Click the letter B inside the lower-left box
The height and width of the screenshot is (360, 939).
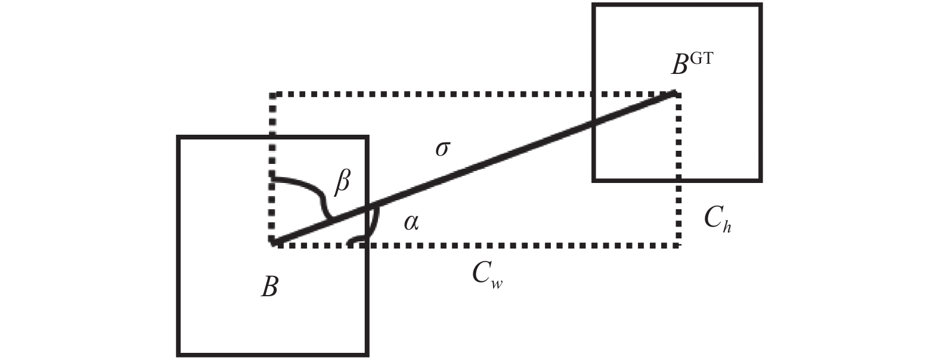269,287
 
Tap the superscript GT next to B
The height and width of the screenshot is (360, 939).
701,58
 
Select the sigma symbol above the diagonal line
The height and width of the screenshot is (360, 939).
442,149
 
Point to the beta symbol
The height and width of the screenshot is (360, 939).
342,183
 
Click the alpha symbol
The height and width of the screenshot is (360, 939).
411,222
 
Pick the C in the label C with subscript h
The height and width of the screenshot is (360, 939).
712,218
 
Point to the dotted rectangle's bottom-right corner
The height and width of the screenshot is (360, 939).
678,246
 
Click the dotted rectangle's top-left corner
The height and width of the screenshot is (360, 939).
272,95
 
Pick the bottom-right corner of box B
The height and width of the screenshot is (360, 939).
367,355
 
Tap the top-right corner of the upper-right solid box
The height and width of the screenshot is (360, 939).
761,5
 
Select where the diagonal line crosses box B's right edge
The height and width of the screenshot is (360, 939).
367,207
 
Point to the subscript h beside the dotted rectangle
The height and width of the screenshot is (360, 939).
727,226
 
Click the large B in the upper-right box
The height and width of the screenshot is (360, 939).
680,66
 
